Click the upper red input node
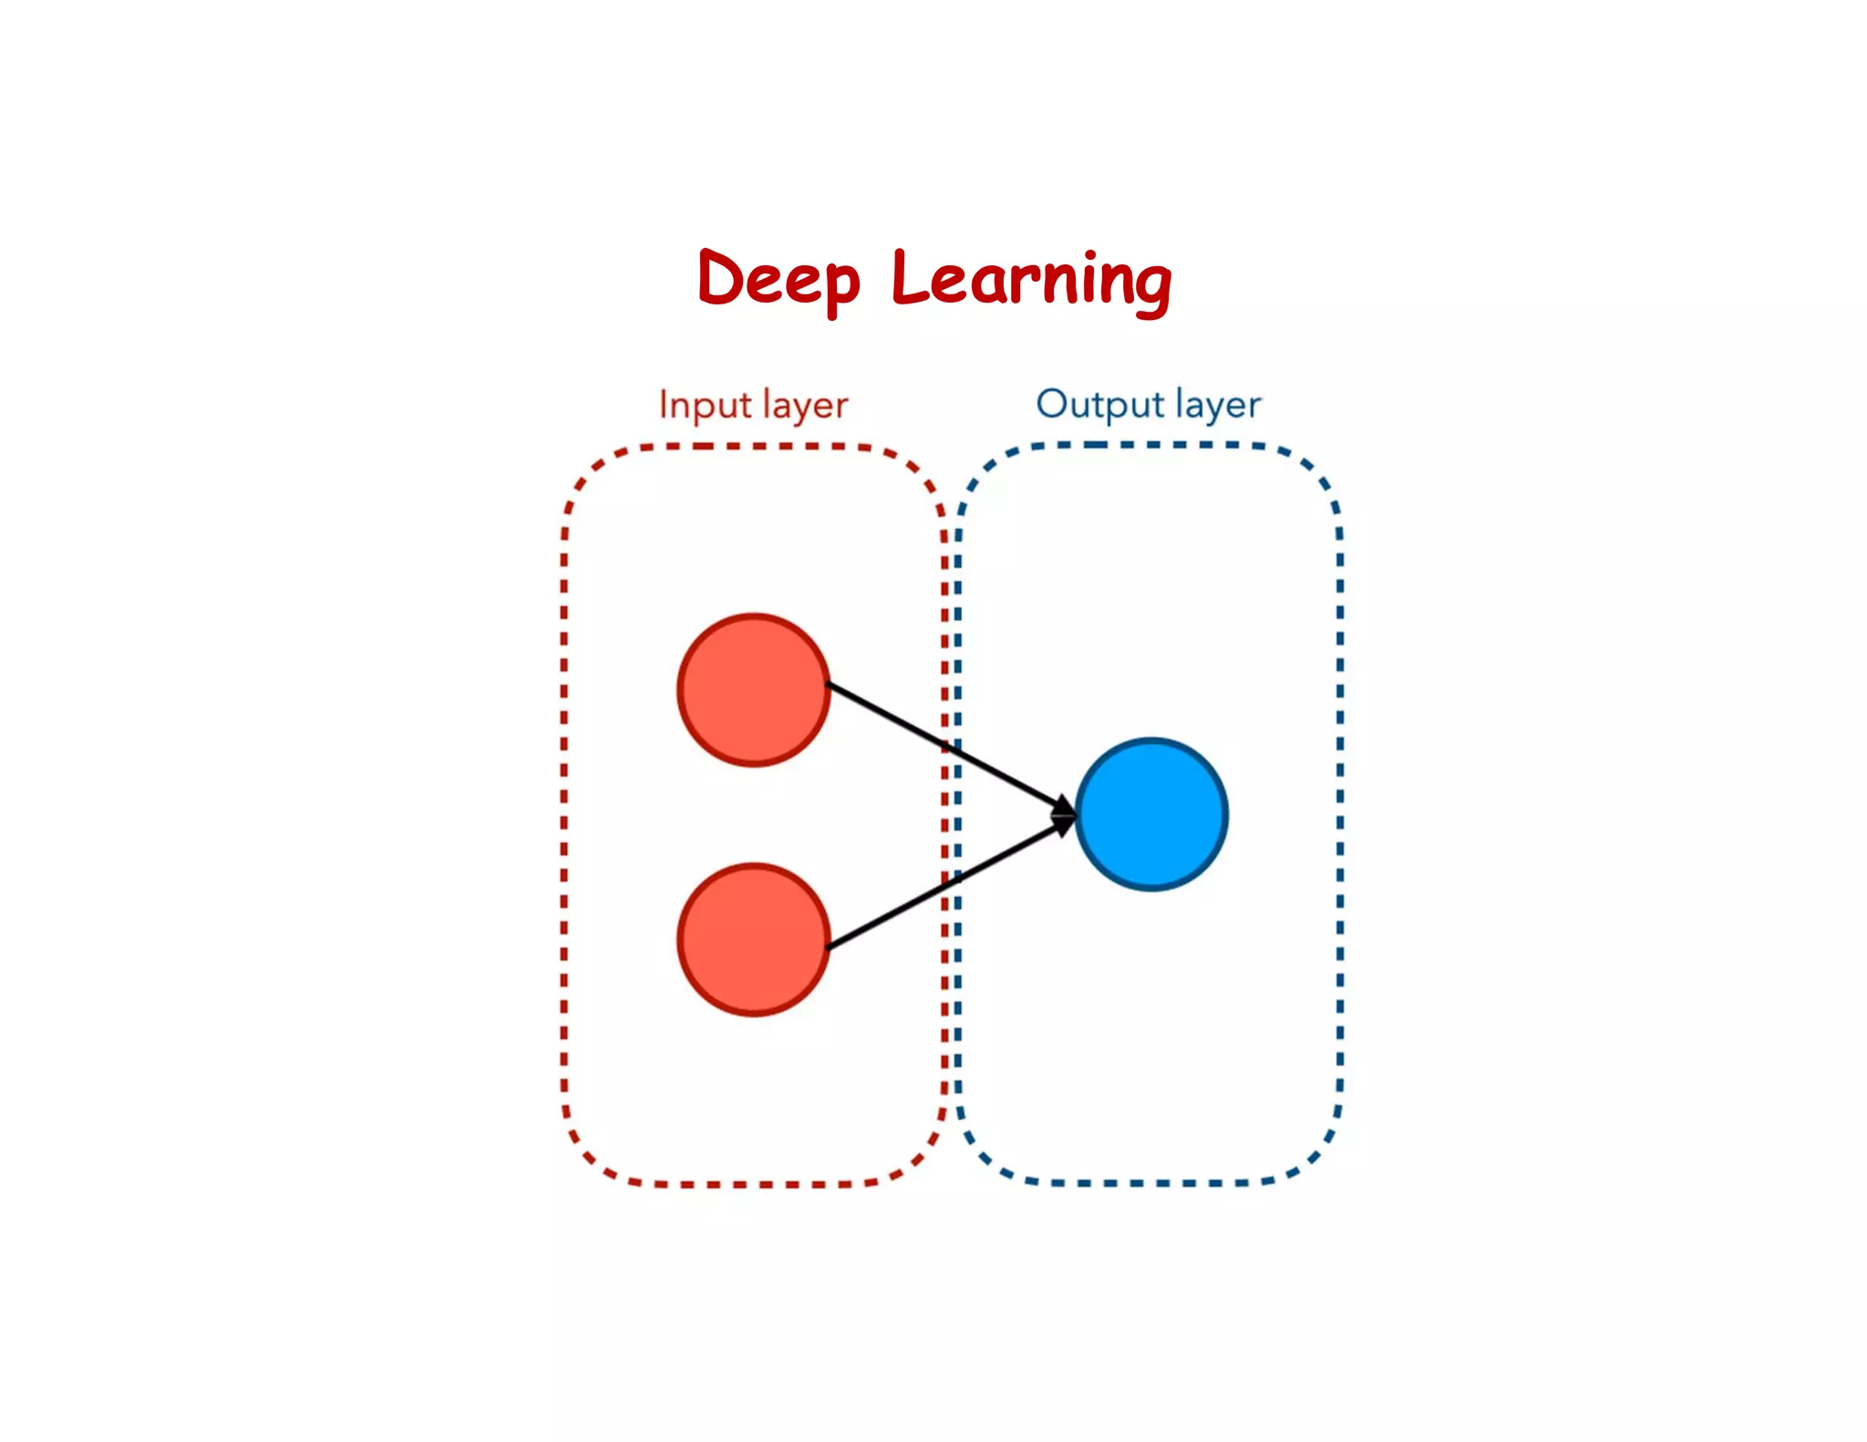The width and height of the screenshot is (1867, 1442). pyautogui.click(x=754, y=690)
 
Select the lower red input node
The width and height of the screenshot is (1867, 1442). pyautogui.click(x=754, y=939)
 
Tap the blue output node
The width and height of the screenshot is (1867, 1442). pyautogui.click(x=1151, y=814)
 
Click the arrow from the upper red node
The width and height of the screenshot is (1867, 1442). pyautogui.click(x=948, y=747)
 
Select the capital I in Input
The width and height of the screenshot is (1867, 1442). pyautogui.click(x=664, y=405)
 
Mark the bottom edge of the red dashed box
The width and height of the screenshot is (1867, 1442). pyautogui.click(x=754, y=1184)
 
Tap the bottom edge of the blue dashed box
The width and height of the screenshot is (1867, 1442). pyautogui.click(x=1149, y=1182)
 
